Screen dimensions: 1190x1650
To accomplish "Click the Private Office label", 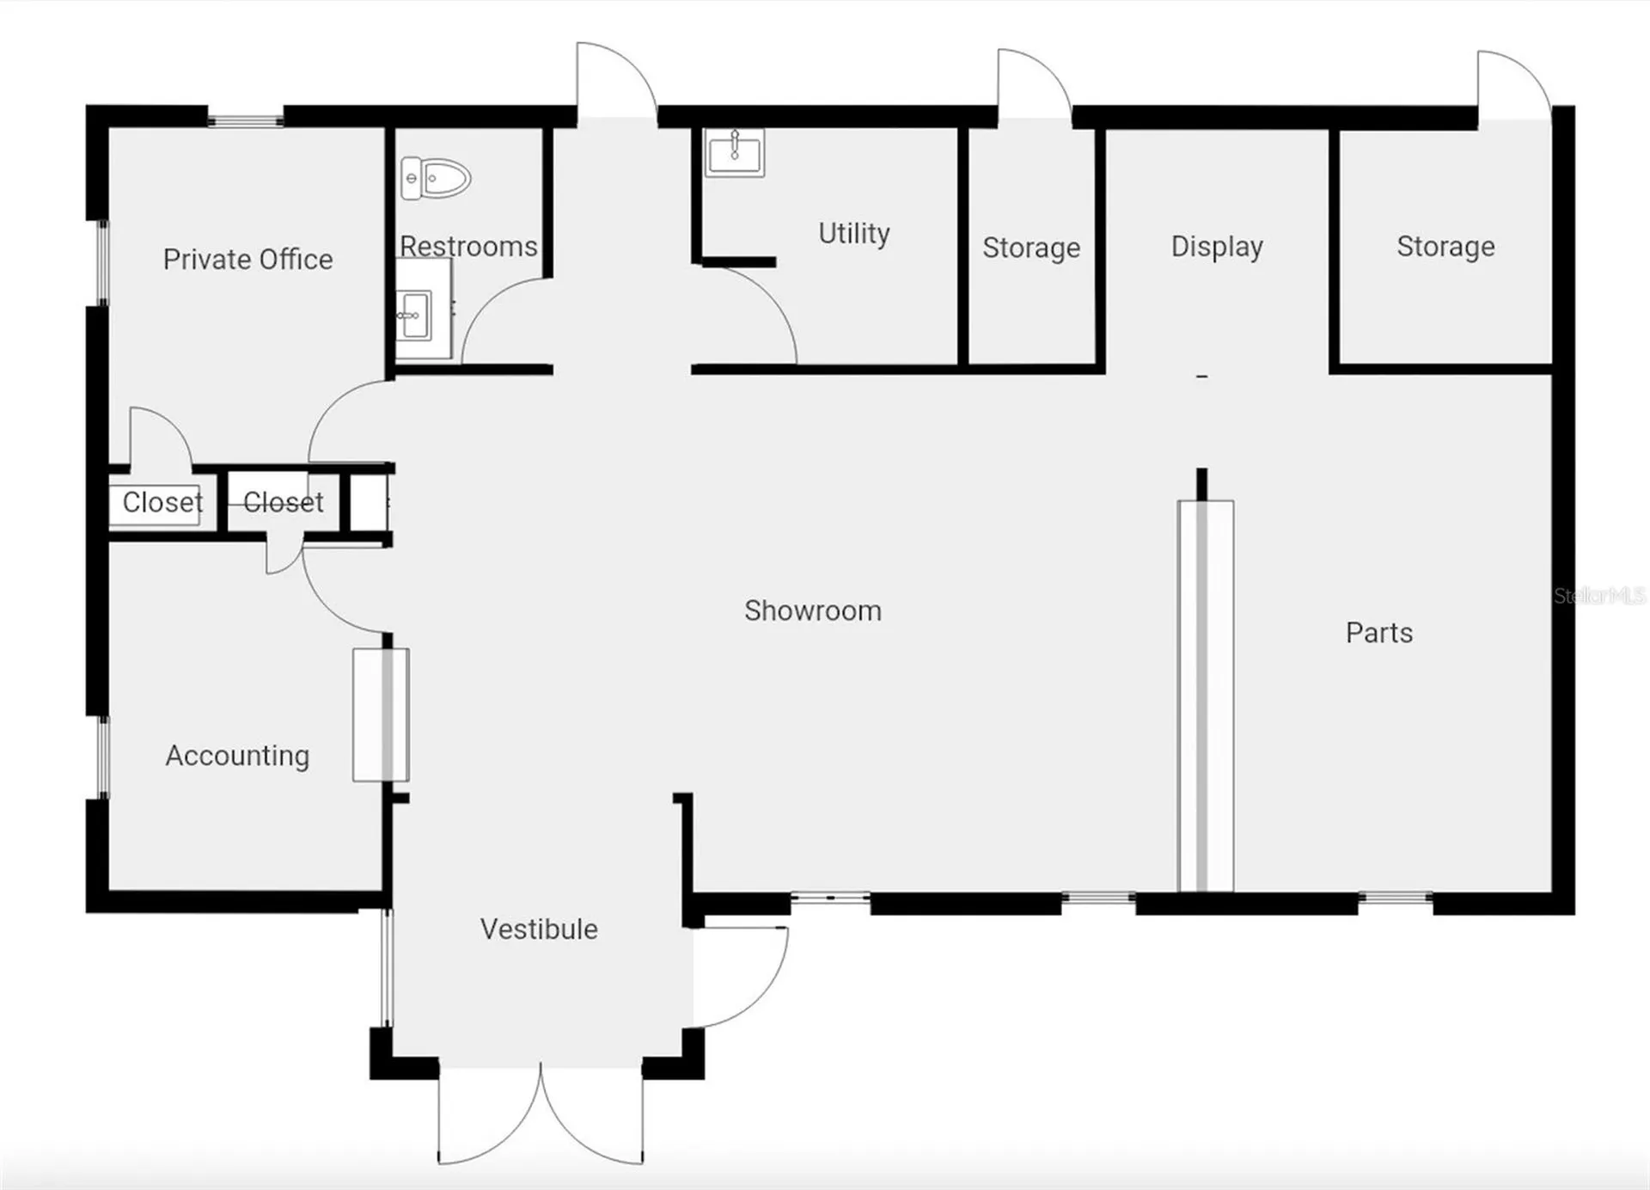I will point(247,259).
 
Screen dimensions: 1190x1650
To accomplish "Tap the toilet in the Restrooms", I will point(436,178).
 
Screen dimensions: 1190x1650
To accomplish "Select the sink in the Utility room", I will point(734,152).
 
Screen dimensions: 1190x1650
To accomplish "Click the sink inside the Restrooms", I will point(414,315).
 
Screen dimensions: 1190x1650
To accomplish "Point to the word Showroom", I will point(812,610).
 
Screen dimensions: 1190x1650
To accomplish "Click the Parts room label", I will point(1378,633).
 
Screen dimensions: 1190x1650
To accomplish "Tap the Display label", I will point(1216,247).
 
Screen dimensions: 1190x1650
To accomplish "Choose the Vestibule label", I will point(539,929).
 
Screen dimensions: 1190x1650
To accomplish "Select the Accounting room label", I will point(237,755).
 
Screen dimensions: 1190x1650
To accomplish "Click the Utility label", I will point(853,233).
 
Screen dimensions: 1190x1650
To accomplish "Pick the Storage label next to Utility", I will point(1031,248).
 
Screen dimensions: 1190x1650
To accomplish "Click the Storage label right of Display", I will point(1445,247).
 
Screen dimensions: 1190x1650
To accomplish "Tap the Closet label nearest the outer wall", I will point(162,501).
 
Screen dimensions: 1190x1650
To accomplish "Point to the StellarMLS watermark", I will point(1599,595).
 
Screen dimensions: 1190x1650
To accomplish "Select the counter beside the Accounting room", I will point(381,715).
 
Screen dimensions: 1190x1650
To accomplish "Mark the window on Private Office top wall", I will point(246,120).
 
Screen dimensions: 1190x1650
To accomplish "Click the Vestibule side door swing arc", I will point(765,989).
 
